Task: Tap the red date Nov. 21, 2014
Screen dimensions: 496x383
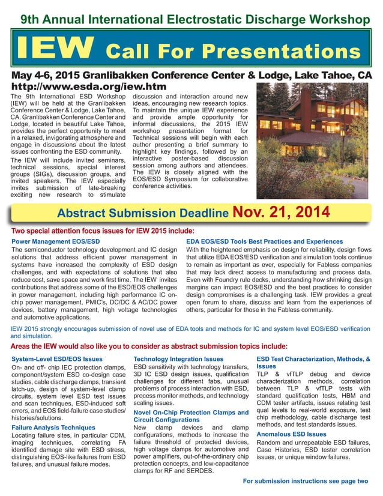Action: (280, 212)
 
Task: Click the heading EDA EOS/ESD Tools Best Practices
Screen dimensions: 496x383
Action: (265, 241)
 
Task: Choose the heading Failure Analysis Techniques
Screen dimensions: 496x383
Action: (53, 428)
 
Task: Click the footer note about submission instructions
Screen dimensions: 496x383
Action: (305, 481)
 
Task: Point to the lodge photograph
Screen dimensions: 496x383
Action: (313, 140)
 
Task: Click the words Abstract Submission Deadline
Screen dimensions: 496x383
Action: (142, 214)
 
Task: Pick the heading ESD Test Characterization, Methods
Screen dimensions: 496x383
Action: (313, 362)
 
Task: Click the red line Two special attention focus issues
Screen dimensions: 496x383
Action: (103, 231)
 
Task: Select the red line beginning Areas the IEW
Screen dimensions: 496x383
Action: (149, 346)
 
